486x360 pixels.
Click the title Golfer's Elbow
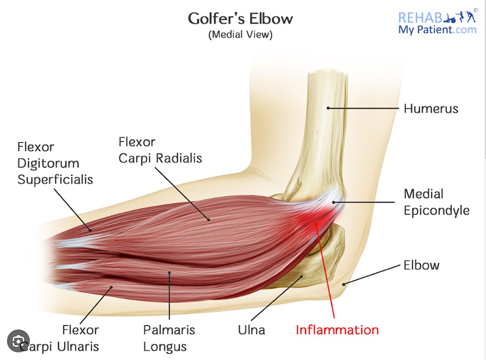(x=240, y=18)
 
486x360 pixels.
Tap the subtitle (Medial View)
(x=240, y=34)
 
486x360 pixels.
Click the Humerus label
(x=431, y=109)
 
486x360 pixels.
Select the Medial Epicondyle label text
(x=436, y=202)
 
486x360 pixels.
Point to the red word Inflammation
(x=337, y=330)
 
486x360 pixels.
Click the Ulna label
(x=252, y=330)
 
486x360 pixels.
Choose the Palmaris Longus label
(x=169, y=338)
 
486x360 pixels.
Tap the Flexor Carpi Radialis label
(x=160, y=150)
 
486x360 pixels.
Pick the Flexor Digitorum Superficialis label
(x=55, y=163)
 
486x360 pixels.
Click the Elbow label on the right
(x=422, y=265)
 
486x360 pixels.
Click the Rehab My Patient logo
(x=437, y=22)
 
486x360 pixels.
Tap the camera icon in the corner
(x=18, y=341)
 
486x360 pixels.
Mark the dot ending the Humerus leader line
(x=328, y=108)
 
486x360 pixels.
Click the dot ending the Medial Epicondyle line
(x=334, y=203)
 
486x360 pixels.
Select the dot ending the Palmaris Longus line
(x=169, y=272)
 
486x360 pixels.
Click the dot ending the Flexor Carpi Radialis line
(x=209, y=220)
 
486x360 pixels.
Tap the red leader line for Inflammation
(x=325, y=270)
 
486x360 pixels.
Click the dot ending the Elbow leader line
(x=344, y=284)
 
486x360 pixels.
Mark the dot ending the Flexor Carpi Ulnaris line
(x=111, y=287)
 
